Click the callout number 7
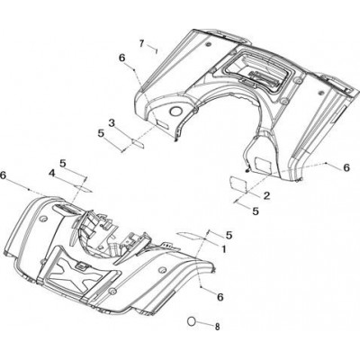pyautogui.click(x=141, y=43)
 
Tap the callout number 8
pyautogui.click(x=217, y=327)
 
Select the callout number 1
pyautogui.click(x=223, y=248)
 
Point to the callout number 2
pyautogui.click(x=266, y=196)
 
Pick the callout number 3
pyautogui.click(x=112, y=122)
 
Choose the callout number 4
pyautogui.click(x=52, y=173)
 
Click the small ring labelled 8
pyautogui.click(x=192, y=320)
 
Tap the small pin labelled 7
pyautogui.click(x=157, y=51)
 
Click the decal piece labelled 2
pyautogui.click(x=238, y=184)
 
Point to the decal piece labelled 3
pyautogui.click(x=139, y=142)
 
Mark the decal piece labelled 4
pyautogui.click(x=84, y=189)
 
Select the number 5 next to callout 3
pyautogui.click(x=101, y=133)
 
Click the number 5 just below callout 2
pyautogui.click(x=256, y=211)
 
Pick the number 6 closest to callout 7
pyautogui.click(x=121, y=58)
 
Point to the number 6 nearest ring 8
pyautogui.click(x=220, y=297)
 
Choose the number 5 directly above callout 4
pyautogui.click(x=63, y=163)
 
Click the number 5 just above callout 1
pyautogui.click(x=229, y=235)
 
